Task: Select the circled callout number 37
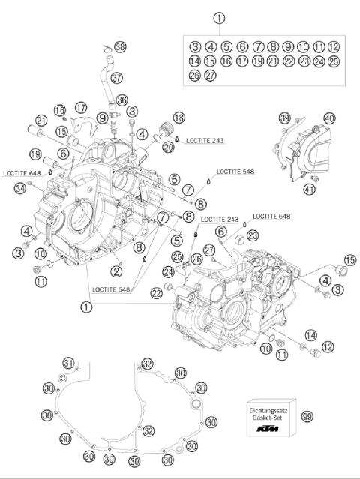pos(116,78)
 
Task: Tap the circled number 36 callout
pos(122,100)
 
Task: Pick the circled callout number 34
pos(19,188)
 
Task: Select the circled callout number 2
pos(117,271)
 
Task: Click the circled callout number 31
pos(68,364)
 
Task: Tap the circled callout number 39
pos(284,118)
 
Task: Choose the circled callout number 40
pos(329,118)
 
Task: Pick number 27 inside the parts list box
pos(211,75)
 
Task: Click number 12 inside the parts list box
pos(334,46)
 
